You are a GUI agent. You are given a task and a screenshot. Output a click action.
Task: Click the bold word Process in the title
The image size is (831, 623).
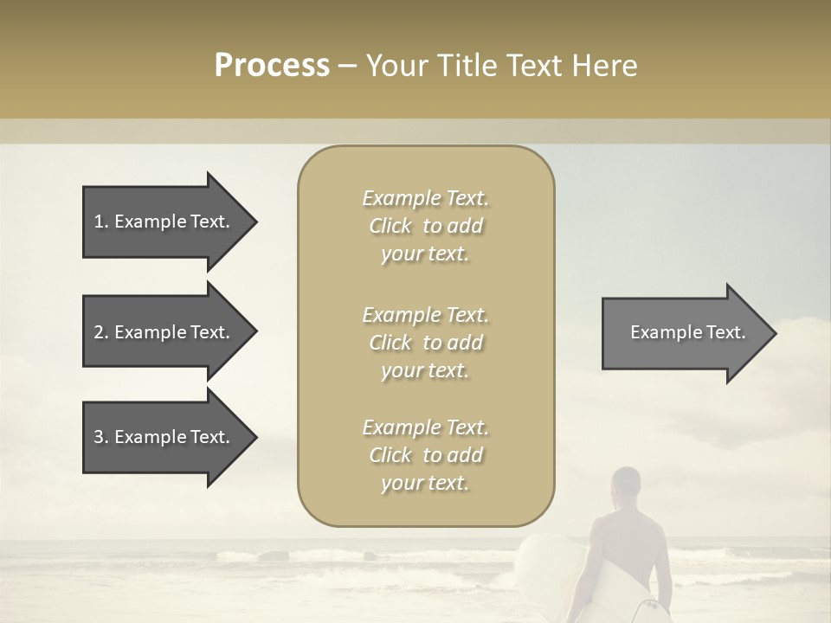click(x=272, y=66)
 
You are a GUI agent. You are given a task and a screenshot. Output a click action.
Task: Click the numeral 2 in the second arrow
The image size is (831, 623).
click(x=99, y=332)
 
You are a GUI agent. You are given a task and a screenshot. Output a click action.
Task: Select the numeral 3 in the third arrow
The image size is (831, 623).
click(x=99, y=437)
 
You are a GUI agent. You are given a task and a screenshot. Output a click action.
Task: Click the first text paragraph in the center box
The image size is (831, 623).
click(x=425, y=226)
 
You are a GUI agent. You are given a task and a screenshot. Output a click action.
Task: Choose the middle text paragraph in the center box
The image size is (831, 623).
click(x=425, y=343)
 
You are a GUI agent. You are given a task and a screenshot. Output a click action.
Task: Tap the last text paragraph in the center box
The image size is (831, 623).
click(x=425, y=455)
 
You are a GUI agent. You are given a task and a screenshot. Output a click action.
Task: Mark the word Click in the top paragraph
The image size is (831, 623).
click(x=390, y=226)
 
